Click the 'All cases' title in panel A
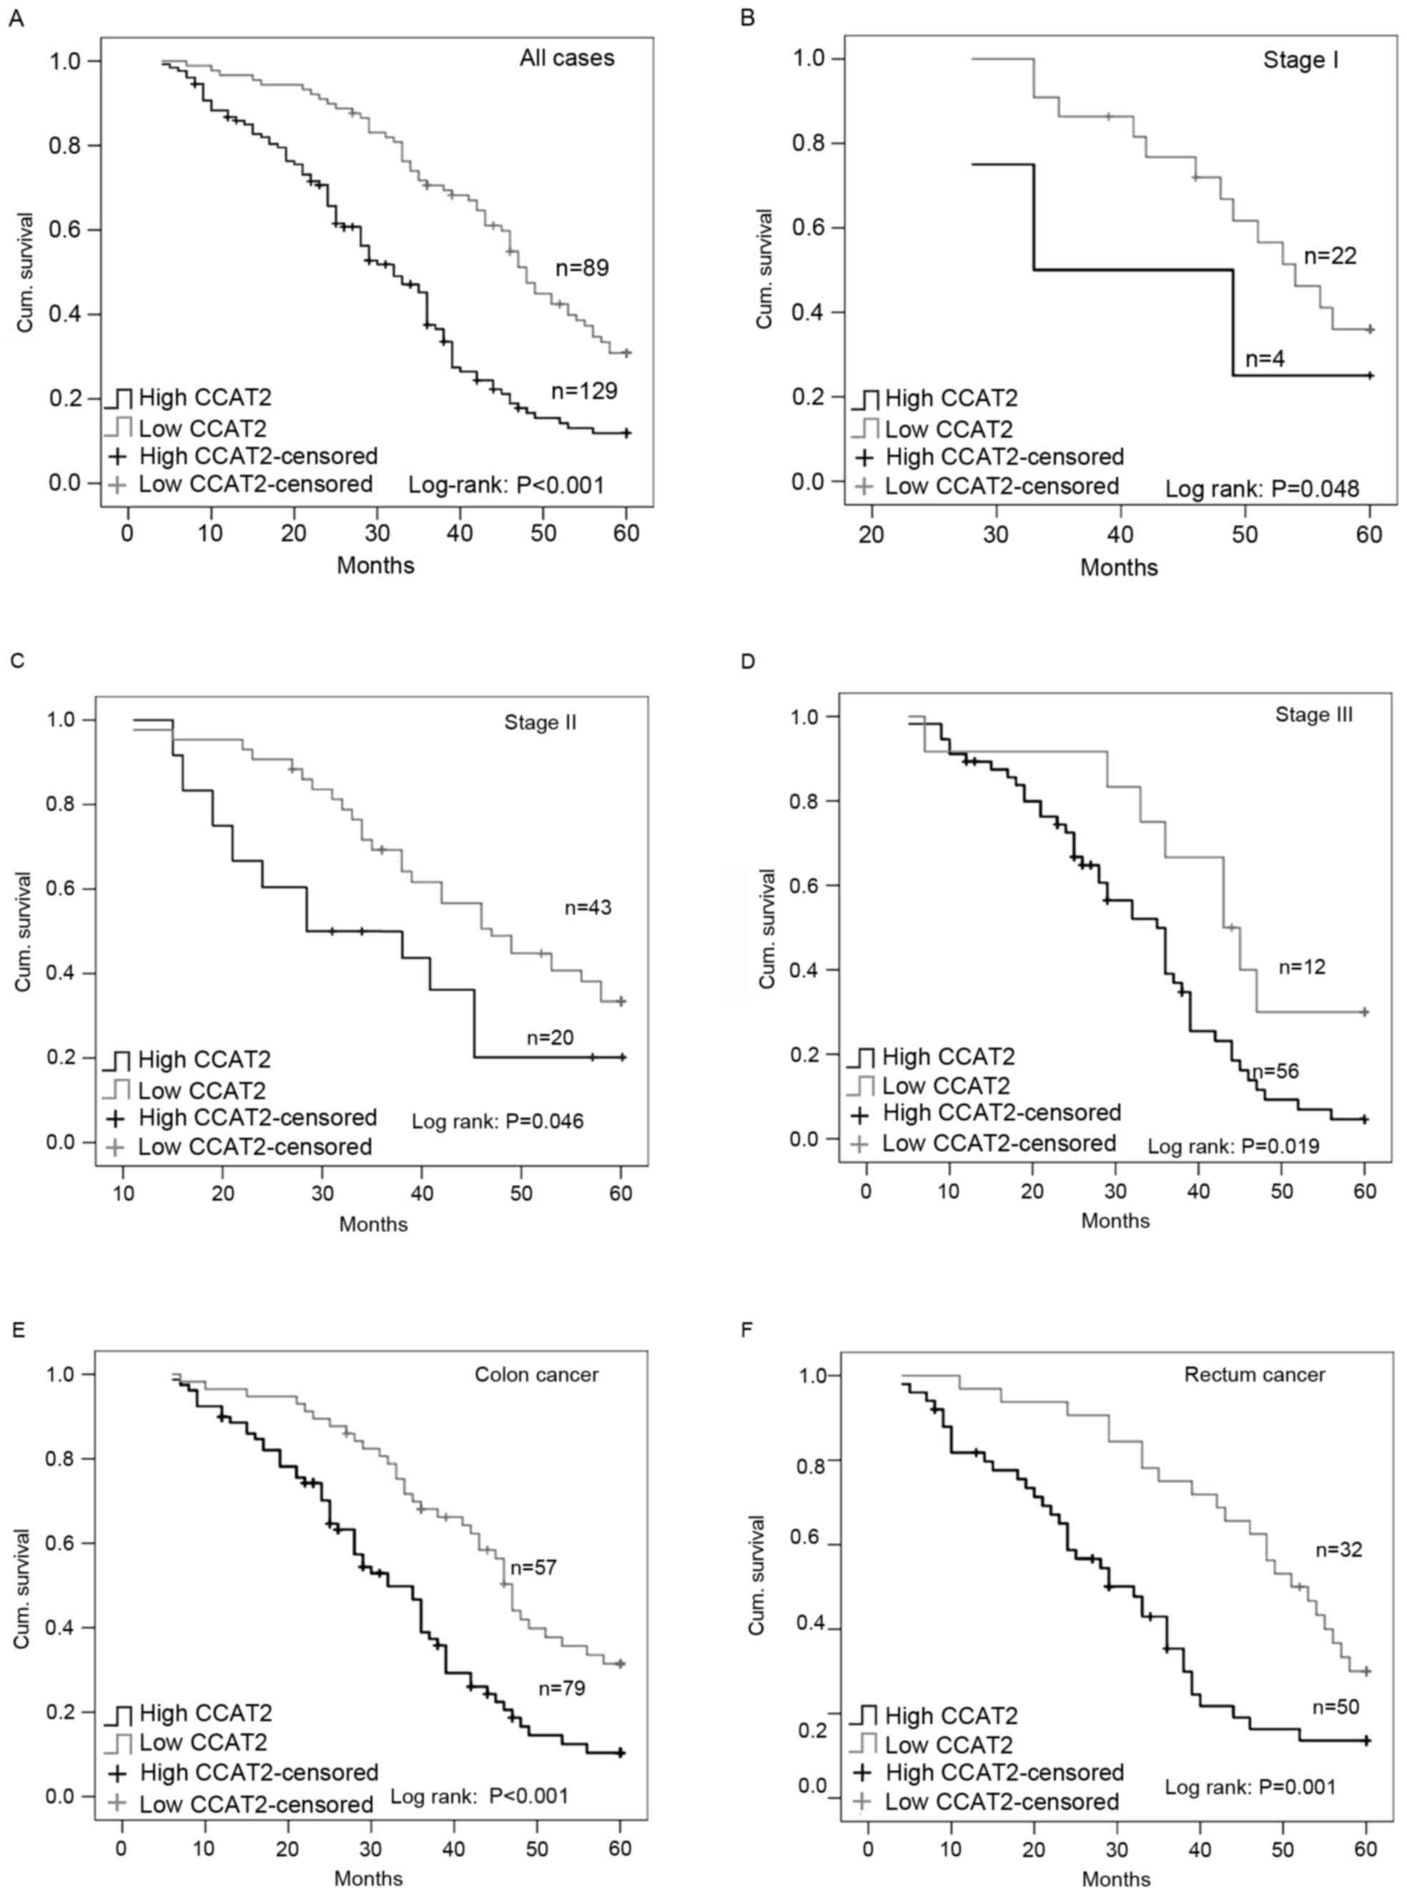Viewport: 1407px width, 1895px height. point(567,58)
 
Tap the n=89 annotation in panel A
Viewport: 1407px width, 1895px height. point(582,268)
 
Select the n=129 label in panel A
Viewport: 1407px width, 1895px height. point(584,391)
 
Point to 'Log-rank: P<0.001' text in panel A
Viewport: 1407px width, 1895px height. point(506,486)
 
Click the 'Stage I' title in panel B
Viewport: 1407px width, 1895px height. point(1300,61)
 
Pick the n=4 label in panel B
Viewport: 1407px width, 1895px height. point(1265,358)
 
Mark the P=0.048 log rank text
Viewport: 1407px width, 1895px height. point(1262,489)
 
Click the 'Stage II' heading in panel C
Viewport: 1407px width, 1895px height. point(540,723)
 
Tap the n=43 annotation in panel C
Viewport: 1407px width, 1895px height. point(588,908)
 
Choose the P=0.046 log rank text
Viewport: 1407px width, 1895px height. point(498,1121)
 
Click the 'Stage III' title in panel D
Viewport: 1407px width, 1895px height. point(1313,714)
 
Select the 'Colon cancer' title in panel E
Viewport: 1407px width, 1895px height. point(537,1374)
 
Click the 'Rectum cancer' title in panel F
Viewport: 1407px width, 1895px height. point(1255,1374)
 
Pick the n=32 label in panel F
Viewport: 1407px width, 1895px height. point(1339,1550)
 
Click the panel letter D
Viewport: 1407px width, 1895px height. point(749,661)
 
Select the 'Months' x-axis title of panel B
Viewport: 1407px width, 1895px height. point(1119,567)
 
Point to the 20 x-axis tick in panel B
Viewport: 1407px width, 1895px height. point(872,536)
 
